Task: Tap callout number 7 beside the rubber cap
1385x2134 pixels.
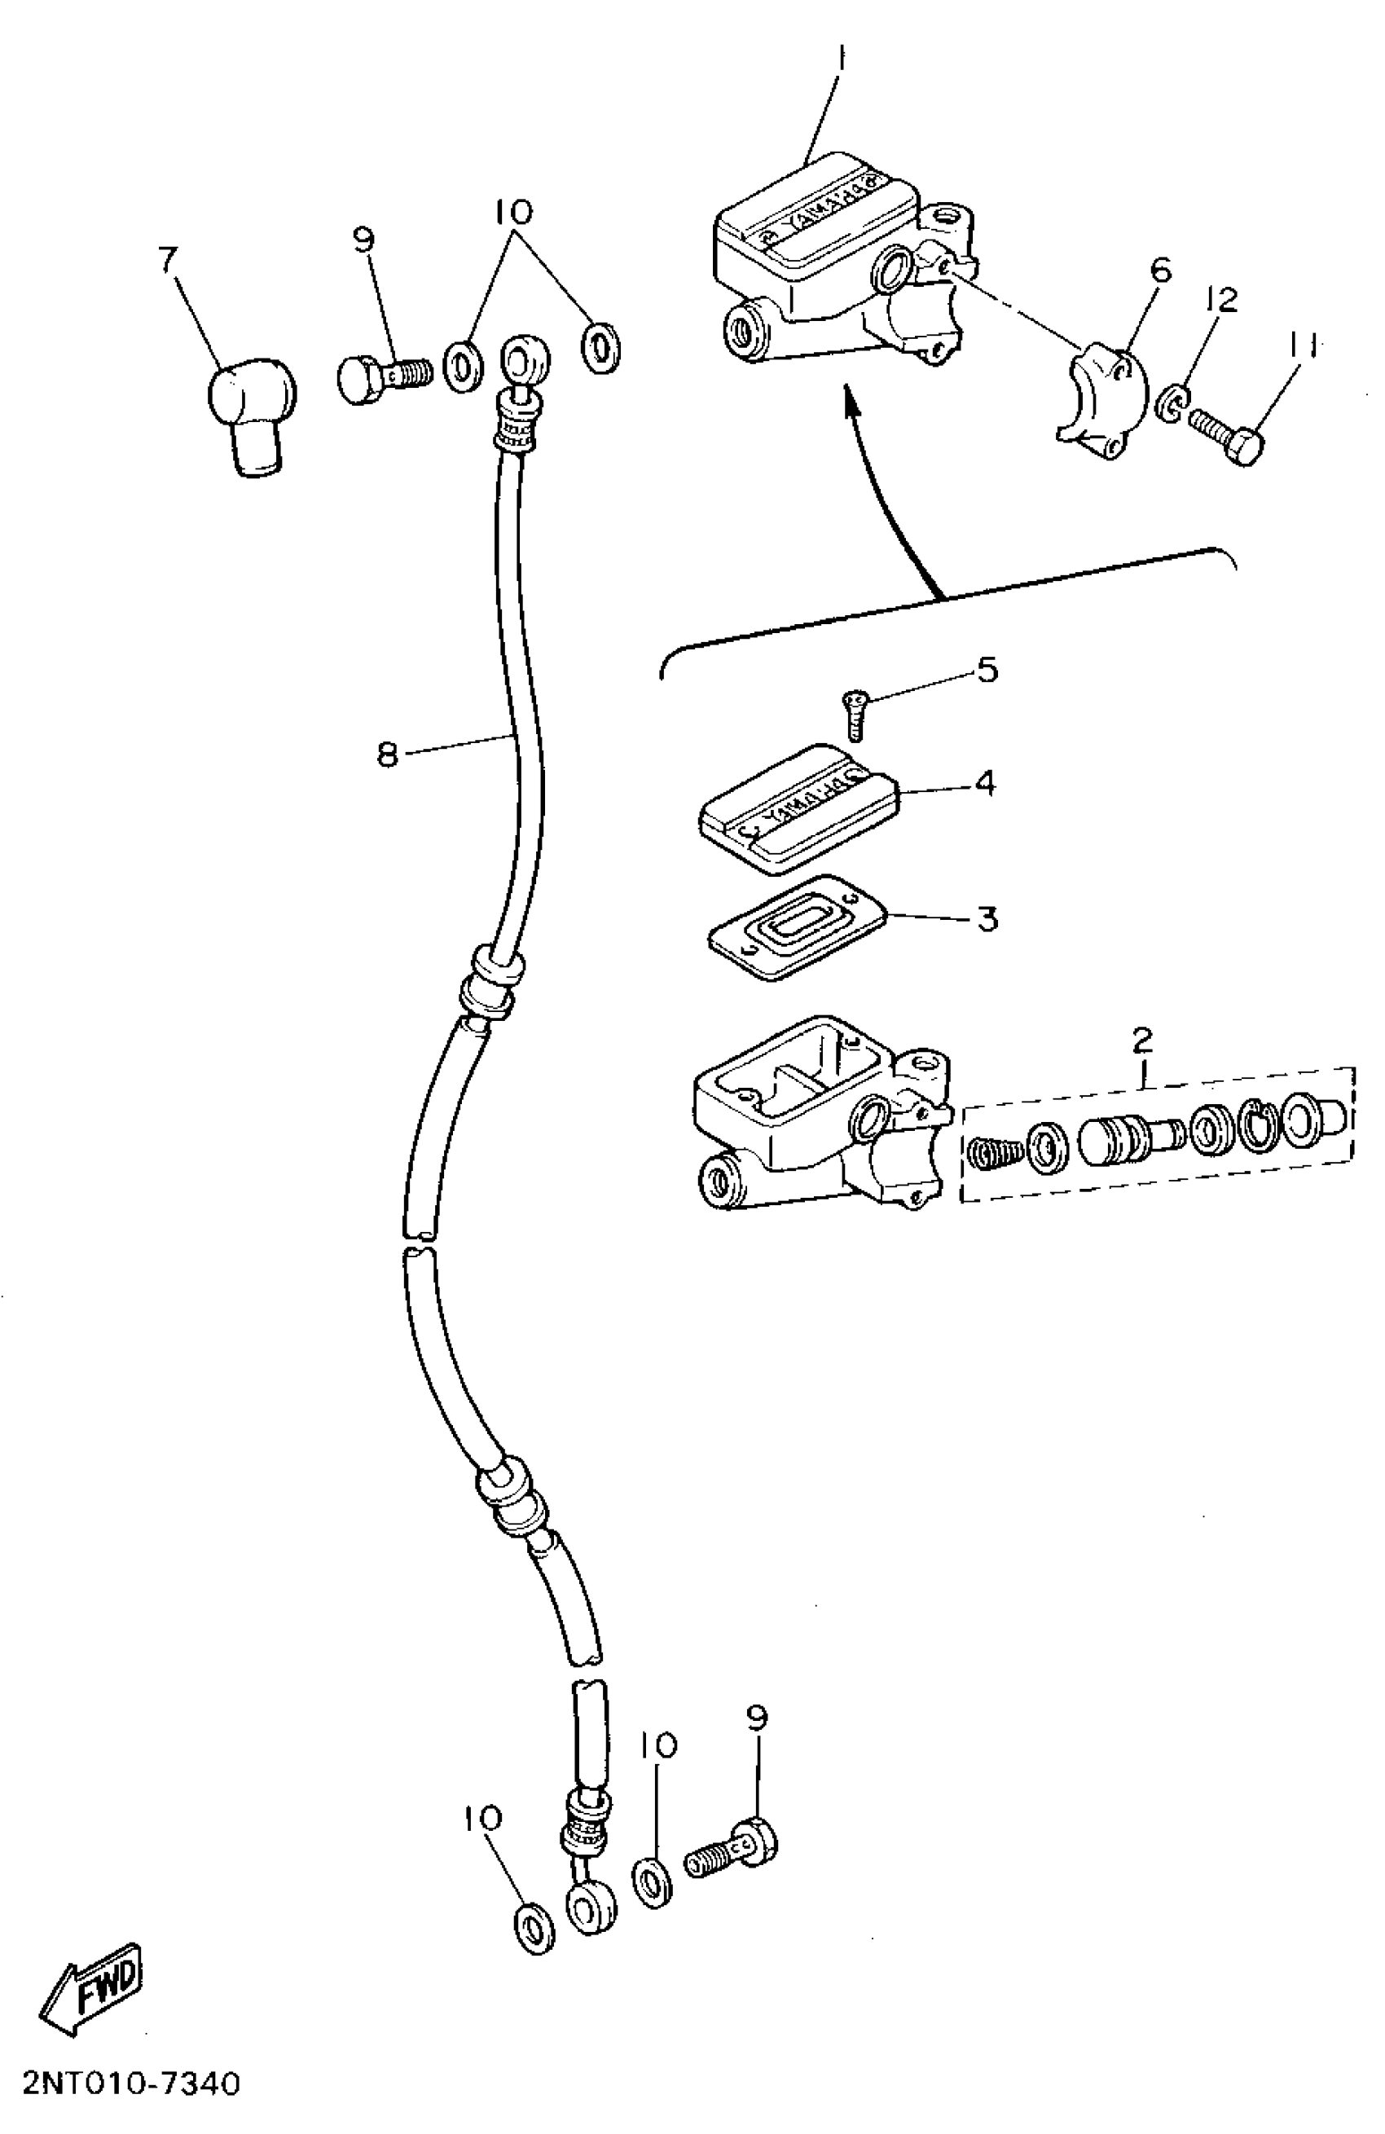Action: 168,259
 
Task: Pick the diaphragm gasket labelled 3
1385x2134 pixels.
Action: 796,927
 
